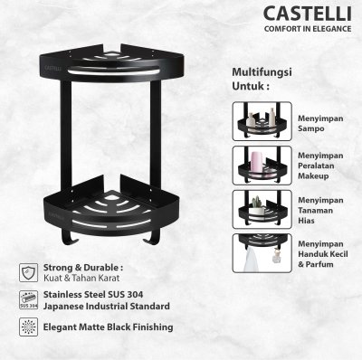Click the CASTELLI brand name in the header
(308, 14)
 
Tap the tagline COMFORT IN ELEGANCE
(308, 29)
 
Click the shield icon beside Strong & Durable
(29, 272)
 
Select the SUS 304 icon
(29, 300)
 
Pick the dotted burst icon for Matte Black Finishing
(29, 327)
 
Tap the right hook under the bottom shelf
(152, 237)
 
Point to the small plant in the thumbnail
(257, 202)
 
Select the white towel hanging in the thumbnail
(251, 260)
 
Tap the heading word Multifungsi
(262, 72)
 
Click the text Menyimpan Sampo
(320, 123)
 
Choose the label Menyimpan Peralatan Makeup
(320, 166)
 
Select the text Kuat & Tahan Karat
(81, 278)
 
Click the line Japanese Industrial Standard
(106, 307)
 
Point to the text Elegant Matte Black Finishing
(108, 327)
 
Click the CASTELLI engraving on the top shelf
(53, 68)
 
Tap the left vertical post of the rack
(66, 134)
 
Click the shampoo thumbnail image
(262, 121)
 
